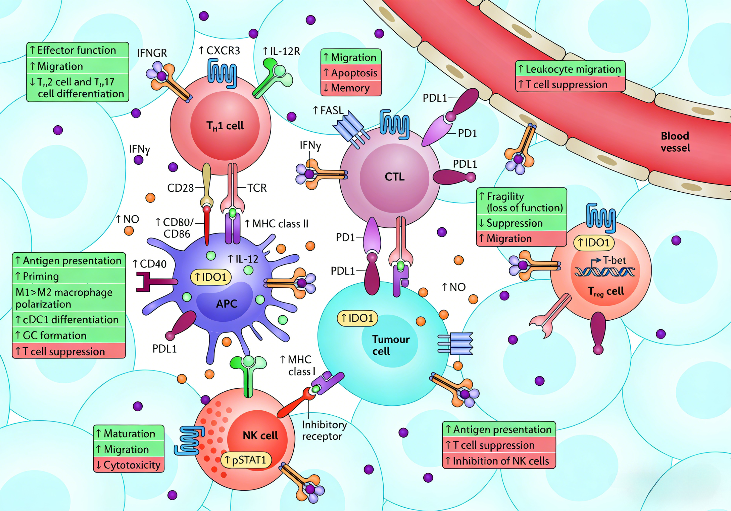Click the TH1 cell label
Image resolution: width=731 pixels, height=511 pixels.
225,126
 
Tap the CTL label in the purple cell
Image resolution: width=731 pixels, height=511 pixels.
394,177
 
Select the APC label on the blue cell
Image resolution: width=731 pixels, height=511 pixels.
227,304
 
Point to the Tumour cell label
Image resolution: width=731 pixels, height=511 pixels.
391,345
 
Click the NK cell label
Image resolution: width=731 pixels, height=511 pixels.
260,435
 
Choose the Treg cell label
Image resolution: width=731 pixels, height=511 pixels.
606,291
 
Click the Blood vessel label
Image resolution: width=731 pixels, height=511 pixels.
675,142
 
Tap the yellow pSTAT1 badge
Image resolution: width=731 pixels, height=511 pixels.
246,460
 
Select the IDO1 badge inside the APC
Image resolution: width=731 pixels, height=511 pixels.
211,277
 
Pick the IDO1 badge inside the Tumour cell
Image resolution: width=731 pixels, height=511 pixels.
357,318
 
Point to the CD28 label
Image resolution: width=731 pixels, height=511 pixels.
180,188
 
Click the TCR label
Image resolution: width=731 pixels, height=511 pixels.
257,188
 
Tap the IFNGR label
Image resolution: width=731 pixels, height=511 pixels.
152,53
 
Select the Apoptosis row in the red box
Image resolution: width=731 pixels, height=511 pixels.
351,73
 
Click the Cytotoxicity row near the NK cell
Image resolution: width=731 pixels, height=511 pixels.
129,465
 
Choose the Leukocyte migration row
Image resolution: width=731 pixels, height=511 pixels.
570,69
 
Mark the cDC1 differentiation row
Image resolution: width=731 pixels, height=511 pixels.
69,319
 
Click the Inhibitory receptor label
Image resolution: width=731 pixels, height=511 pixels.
324,430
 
